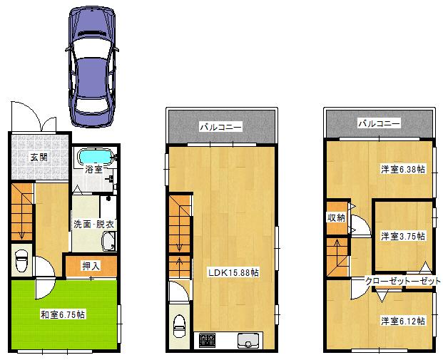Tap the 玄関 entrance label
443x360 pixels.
click(39, 158)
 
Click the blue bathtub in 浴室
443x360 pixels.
click(94, 156)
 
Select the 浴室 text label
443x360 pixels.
click(93, 170)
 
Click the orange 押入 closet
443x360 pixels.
click(91, 266)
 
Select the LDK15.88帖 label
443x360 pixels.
click(233, 272)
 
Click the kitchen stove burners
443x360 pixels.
click(208, 340)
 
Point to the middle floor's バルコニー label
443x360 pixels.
click(220, 127)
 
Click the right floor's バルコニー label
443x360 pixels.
click(379, 123)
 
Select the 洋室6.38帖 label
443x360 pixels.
click(402, 169)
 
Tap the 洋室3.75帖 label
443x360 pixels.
click(402, 235)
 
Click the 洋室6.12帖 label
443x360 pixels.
click(402, 321)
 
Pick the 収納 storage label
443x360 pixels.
click(337, 217)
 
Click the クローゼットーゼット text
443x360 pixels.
click(402, 281)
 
